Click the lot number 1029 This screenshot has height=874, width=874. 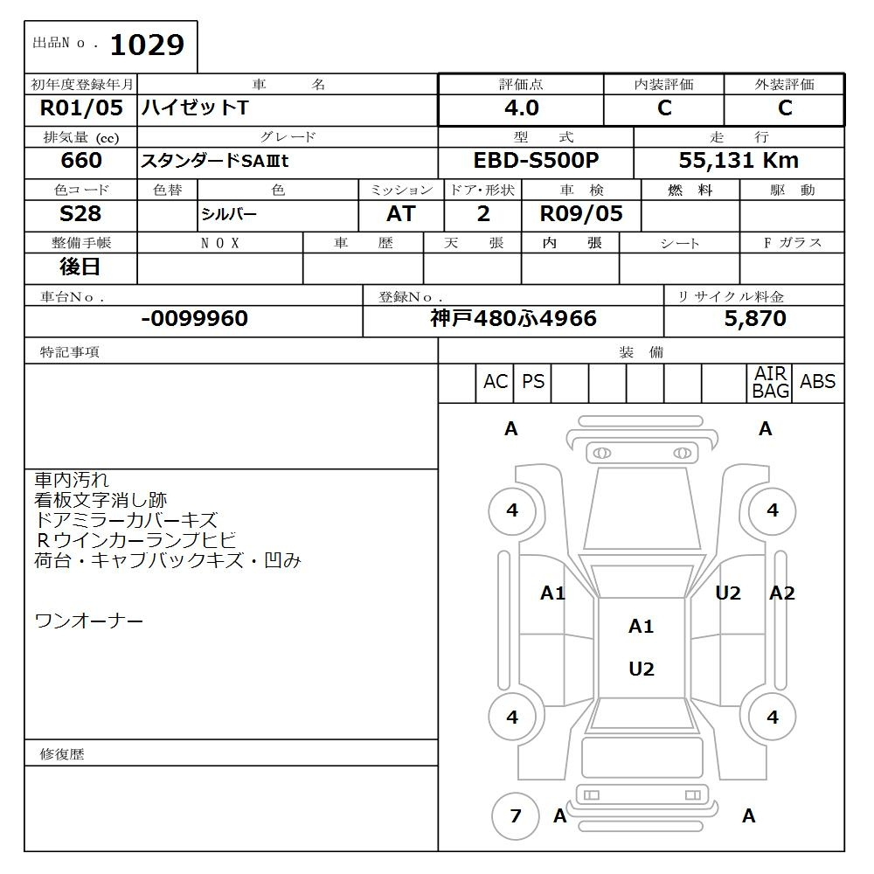coord(147,45)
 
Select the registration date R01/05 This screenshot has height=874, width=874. coord(81,108)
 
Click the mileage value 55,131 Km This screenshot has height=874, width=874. coord(739,161)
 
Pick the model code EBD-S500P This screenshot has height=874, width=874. coord(535,161)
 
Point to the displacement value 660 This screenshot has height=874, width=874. coord(81,161)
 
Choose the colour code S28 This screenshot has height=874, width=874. coord(80,214)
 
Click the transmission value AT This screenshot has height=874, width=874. coord(400,214)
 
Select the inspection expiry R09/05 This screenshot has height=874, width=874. coord(581,214)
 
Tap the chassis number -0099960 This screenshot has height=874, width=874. coord(194,319)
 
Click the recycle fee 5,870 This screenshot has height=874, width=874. coord(754,319)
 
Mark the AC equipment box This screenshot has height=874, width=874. coord(496,383)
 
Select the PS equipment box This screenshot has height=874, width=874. coord(532,383)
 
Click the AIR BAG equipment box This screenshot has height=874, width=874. coord(770,383)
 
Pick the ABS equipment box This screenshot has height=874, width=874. coord(817,383)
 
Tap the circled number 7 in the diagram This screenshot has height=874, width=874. coord(515,816)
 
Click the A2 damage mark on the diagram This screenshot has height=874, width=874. coord(781,593)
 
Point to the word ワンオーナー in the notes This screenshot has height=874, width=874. coord(88,621)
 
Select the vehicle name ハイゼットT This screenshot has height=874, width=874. coord(195,108)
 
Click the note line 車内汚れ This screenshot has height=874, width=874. coord(72,480)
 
